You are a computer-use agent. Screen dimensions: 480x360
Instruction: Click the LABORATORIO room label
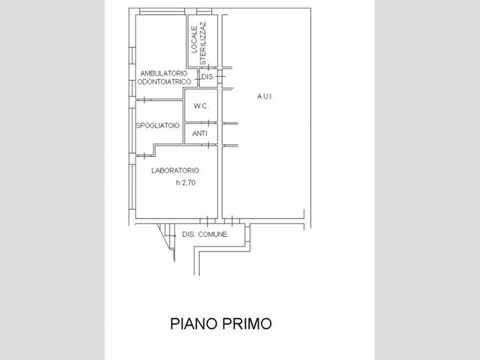[x=175, y=171]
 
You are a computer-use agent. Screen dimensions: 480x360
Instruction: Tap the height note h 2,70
[x=185, y=182]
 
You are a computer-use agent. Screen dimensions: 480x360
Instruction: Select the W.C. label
[x=201, y=106]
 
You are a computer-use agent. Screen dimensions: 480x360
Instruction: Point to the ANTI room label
[x=200, y=134]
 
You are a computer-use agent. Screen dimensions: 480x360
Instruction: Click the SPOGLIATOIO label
[x=157, y=125]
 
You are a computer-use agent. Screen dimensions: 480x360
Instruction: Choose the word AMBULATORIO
[x=164, y=74]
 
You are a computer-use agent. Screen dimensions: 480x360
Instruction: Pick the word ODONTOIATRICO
[x=165, y=82]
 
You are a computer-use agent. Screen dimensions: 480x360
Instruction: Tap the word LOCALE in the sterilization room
[x=194, y=39]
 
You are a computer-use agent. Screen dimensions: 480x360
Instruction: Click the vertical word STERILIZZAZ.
[x=202, y=43]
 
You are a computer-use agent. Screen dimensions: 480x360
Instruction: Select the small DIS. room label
[x=208, y=77]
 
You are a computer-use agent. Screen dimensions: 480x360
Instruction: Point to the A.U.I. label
[x=265, y=96]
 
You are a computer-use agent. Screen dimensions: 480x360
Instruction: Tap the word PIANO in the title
[x=194, y=324]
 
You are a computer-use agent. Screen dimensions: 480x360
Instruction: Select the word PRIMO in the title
[x=247, y=324]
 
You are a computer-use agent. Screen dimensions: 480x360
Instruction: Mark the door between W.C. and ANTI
[x=209, y=123]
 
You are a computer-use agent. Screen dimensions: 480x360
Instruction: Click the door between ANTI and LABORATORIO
[x=209, y=145]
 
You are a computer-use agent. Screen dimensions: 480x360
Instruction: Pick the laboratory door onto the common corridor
[x=207, y=221]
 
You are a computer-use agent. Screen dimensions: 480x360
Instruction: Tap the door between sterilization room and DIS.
[x=209, y=67]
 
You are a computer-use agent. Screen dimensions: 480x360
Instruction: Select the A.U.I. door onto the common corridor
[x=232, y=221]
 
